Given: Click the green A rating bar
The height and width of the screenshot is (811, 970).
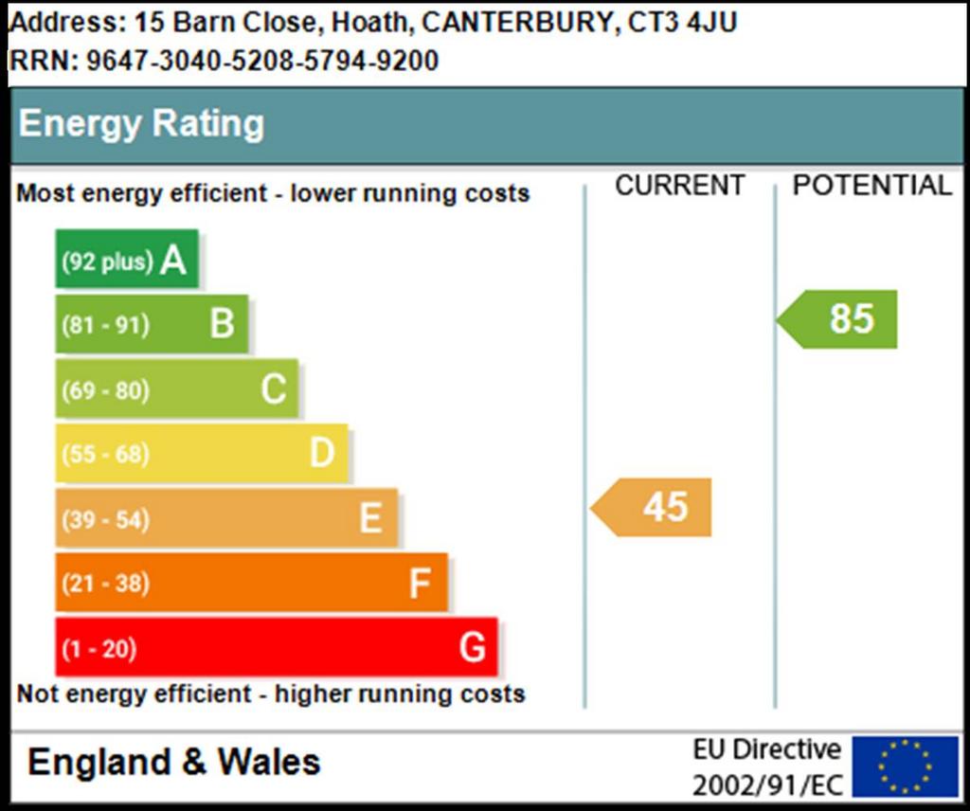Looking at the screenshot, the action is pos(127,259).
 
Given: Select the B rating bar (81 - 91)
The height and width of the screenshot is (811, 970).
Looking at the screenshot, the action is pos(153,323).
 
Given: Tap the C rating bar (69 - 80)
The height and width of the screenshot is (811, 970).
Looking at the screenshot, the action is pos(177,388).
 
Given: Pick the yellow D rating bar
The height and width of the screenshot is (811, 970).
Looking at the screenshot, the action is pos(202,453).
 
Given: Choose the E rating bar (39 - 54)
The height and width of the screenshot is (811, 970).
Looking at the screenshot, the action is pos(226,518).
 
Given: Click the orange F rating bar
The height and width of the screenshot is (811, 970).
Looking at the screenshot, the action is pos(252,582).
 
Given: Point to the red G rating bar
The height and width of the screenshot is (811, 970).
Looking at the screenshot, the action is pos(277,647).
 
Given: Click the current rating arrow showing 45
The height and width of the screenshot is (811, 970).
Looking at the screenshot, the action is pos(651,507).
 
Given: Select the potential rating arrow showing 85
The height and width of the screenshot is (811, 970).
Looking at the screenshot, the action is pos(837,319).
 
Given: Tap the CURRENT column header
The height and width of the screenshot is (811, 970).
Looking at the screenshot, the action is pos(680,186).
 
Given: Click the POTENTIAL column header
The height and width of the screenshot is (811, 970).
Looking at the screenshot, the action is pos(872,186).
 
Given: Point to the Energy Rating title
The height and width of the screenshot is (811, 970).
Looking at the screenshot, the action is pos(142,124).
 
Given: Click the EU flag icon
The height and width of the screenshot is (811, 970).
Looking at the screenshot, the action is pos(905,766).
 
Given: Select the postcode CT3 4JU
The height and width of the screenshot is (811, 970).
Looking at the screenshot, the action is pos(682,23).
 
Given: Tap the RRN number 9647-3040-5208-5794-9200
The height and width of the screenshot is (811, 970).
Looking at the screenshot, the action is pos(262,61).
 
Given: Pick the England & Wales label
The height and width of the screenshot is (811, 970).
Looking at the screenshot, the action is pos(174,762).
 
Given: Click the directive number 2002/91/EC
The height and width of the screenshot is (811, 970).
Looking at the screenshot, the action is pos(767,785).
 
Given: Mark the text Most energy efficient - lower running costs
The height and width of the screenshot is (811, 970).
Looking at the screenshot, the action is pos(273,193).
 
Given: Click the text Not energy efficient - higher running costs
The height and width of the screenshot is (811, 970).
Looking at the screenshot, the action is pos(271,694).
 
